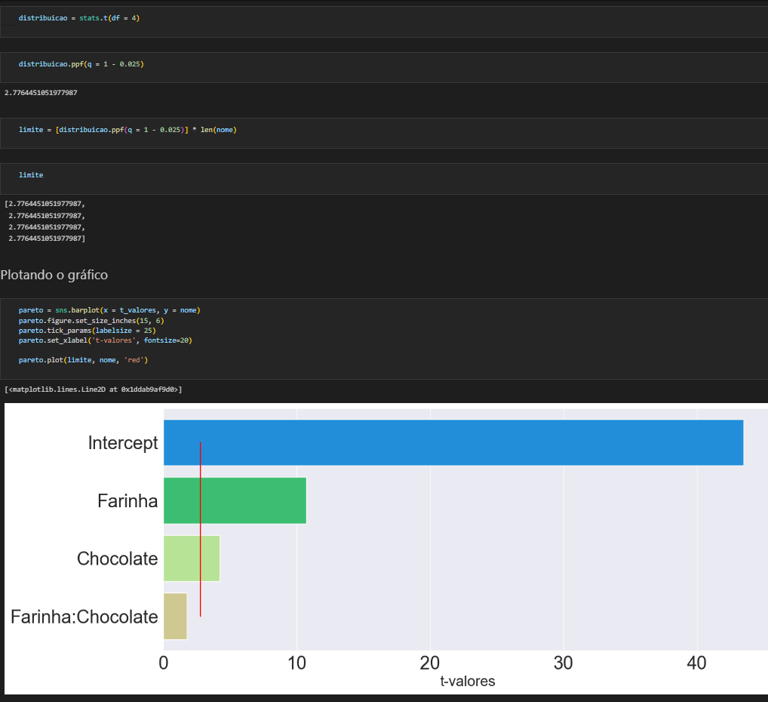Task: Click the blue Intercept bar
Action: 453,442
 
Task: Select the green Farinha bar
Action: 235,500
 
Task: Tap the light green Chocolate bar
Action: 192,559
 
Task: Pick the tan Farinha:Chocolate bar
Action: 175,617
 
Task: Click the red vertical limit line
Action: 200,528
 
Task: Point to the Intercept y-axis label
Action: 123,443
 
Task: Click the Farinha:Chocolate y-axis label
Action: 84,617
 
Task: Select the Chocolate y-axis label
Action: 117,559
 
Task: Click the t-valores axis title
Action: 467,682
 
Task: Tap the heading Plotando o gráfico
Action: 54,275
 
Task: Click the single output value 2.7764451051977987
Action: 41,93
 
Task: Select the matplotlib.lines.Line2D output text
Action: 93,389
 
